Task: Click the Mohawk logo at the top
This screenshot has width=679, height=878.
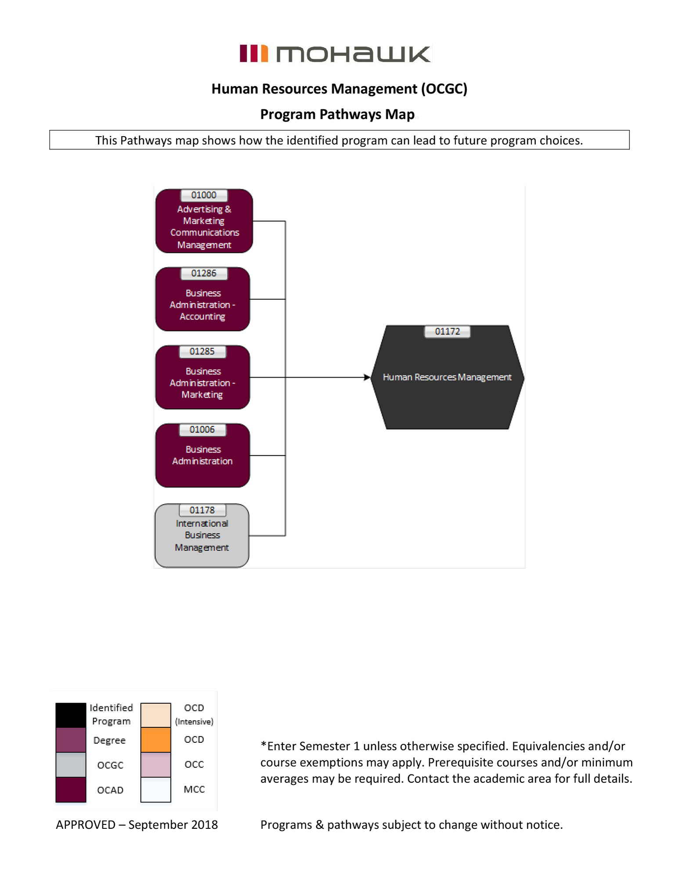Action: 335,54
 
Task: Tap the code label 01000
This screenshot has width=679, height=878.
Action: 204,195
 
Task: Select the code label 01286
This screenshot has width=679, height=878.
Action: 204,273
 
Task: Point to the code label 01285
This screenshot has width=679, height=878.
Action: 202,351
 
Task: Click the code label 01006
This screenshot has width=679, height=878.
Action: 202,429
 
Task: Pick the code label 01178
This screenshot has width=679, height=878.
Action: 202,510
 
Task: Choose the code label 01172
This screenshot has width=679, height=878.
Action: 447,331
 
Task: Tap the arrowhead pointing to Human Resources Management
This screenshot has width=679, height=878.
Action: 367,377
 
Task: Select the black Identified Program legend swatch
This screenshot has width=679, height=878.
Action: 71,715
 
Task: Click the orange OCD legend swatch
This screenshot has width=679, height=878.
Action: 155,740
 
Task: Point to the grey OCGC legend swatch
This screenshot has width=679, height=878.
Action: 71,764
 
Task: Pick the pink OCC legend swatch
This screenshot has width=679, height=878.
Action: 155,764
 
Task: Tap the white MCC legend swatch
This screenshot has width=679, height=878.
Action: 155,789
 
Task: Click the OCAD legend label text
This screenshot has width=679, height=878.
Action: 110,790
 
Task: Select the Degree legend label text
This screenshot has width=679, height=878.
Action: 109,740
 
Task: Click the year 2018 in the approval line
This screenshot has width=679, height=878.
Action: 204,824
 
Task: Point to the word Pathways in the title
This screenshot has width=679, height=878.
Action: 350,114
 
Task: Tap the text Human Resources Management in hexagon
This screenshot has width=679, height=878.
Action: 447,377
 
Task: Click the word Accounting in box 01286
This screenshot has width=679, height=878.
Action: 202,317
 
